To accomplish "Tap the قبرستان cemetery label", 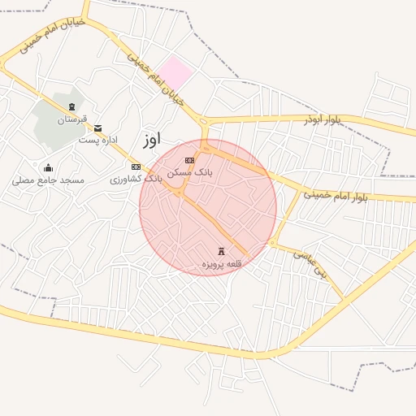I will (x=71, y=119).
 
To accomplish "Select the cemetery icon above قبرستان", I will (x=71, y=107).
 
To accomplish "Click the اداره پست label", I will (x=94, y=140).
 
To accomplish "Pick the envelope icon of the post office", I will (x=98, y=128).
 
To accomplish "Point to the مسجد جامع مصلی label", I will (x=48, y=180).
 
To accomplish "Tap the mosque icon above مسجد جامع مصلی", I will (x=48, y=168).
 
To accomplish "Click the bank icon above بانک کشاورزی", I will (x=136, y=167).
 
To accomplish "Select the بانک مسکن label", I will (x=191, y=172).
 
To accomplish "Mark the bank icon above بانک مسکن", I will (x=189, y=160).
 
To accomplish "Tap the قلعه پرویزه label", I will (x=222, y=264).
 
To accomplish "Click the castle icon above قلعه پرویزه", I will (x=222, y=252).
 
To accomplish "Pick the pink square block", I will (x=175, y=73).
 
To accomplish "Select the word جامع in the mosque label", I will (x=45, y=180).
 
